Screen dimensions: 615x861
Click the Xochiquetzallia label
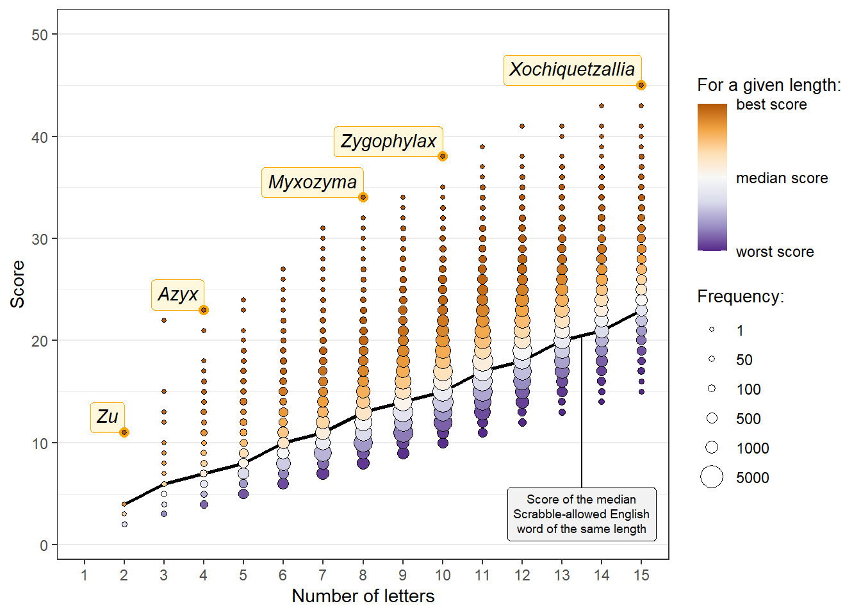click(572, 70)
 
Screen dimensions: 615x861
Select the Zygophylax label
click(388, 142)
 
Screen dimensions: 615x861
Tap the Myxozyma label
click(313, 183)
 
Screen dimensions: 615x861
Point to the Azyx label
click(177, 295)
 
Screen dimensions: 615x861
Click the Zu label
click(108, 417)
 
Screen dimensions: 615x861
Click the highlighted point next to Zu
click(124, 432)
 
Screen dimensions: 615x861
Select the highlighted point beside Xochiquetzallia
click(641, 85)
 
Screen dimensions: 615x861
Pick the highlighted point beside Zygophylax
click(443, 156)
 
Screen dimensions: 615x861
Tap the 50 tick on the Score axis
click(40, 35)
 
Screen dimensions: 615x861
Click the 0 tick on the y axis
click(44, 545)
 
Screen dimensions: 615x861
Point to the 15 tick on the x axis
click(641, 575)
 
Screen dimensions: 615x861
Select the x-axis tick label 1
click(84, 575)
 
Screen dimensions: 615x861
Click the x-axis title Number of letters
click(363, 596)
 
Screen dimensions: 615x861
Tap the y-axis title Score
click(17, 284)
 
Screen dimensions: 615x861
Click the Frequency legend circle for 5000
click(712, 477)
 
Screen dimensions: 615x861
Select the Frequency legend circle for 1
click(712, 330)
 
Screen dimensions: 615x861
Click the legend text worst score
click(775, 252)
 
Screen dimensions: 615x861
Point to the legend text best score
click(771, 104)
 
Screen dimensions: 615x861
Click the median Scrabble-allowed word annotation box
click(581, 514)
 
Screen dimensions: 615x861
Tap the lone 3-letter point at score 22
click(164, 320)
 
